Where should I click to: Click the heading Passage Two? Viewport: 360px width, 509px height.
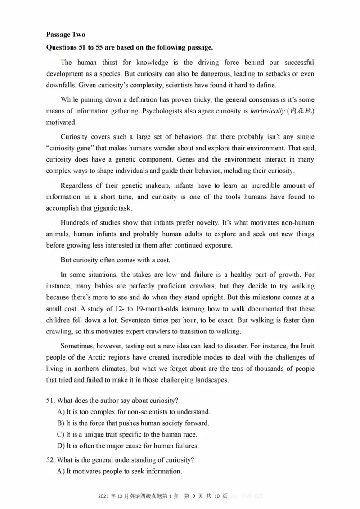click(x=65, y=35)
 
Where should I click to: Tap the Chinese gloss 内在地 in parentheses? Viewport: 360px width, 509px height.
click(x=301, y=111)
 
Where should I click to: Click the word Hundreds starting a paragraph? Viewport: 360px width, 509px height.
click(x=75, y=223)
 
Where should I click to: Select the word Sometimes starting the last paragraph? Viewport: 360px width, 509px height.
click(x=78, y=346)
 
